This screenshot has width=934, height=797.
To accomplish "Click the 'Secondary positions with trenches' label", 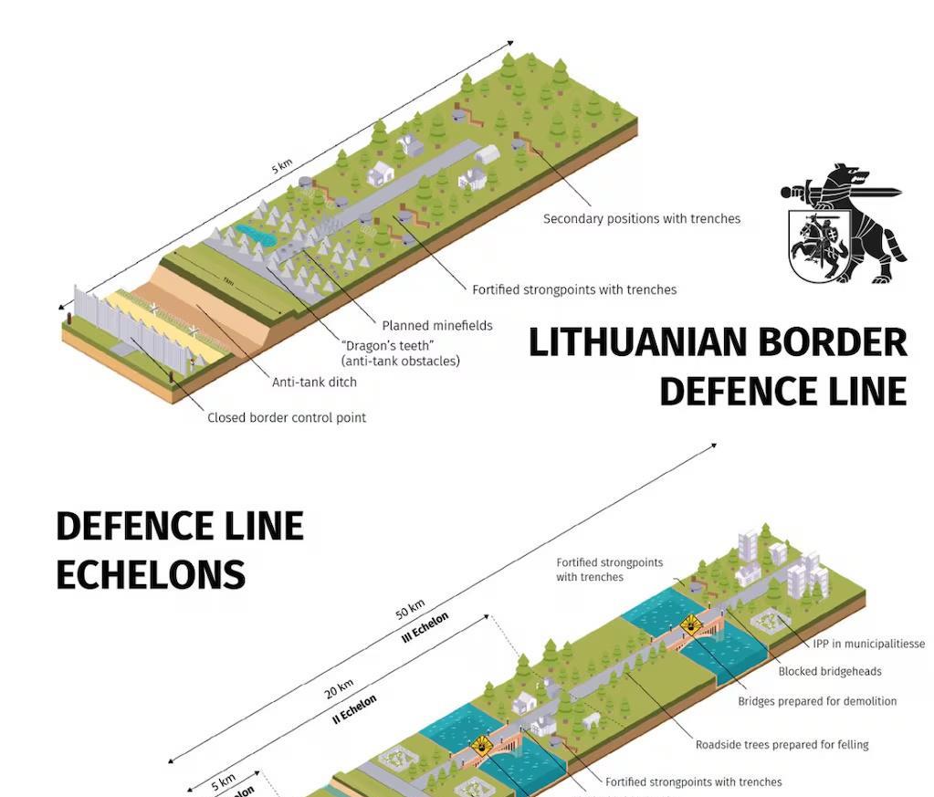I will pos(641,219).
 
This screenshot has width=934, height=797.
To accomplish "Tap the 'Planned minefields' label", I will pos(436,325).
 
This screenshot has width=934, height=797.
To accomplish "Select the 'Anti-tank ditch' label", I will pos(314,382).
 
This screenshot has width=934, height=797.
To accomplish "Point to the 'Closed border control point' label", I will pos(286,417).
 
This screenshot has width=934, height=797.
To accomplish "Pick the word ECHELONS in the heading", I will pos(151,575).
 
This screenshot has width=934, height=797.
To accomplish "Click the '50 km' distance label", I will pos(410,608).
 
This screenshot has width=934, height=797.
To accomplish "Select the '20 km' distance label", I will pos(338,688).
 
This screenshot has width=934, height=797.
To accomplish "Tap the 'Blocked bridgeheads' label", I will pos(829,671).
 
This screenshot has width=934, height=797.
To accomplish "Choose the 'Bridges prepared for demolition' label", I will pos(817,701).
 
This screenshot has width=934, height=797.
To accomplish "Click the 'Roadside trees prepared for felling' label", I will pos(782,744).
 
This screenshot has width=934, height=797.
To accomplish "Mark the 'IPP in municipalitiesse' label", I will pos(868,644).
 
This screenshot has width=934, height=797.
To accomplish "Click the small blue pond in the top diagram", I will pos(256,235).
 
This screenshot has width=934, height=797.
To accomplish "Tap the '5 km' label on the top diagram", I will pos(281,166).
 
